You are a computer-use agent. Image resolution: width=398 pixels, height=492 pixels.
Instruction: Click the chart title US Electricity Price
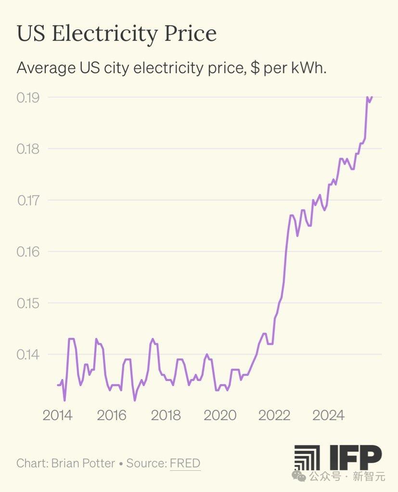[116, 34]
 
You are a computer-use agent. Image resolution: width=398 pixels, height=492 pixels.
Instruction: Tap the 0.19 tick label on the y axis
[28, 98]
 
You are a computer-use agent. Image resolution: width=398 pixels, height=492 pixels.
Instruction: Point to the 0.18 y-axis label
[28, 149]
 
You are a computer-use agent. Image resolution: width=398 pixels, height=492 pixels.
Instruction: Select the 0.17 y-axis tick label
[28, 200]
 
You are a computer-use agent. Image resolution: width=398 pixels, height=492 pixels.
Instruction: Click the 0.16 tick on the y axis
[28, 251]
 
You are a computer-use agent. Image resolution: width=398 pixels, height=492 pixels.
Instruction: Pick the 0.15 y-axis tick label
[28, 303]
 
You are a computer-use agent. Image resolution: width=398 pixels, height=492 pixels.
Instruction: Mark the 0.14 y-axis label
[28, 355]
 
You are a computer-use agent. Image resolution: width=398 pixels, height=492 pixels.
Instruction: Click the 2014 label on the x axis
[58, 415]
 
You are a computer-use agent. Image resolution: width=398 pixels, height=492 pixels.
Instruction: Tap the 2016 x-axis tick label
[112, 415]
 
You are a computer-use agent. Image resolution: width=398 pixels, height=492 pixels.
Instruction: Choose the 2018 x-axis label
[166, 415]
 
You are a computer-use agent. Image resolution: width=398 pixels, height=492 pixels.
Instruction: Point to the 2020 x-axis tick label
[220, 415]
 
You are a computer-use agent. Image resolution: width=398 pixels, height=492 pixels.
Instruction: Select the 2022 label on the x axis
[274, 415]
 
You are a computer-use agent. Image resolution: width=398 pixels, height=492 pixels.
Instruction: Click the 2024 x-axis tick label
[328, 415]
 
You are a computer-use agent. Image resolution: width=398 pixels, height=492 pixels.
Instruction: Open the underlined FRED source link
[185, 464]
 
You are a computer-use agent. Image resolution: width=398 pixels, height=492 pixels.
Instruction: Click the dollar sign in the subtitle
[256, 68]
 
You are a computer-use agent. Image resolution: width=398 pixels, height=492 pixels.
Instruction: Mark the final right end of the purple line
[372, 97]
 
